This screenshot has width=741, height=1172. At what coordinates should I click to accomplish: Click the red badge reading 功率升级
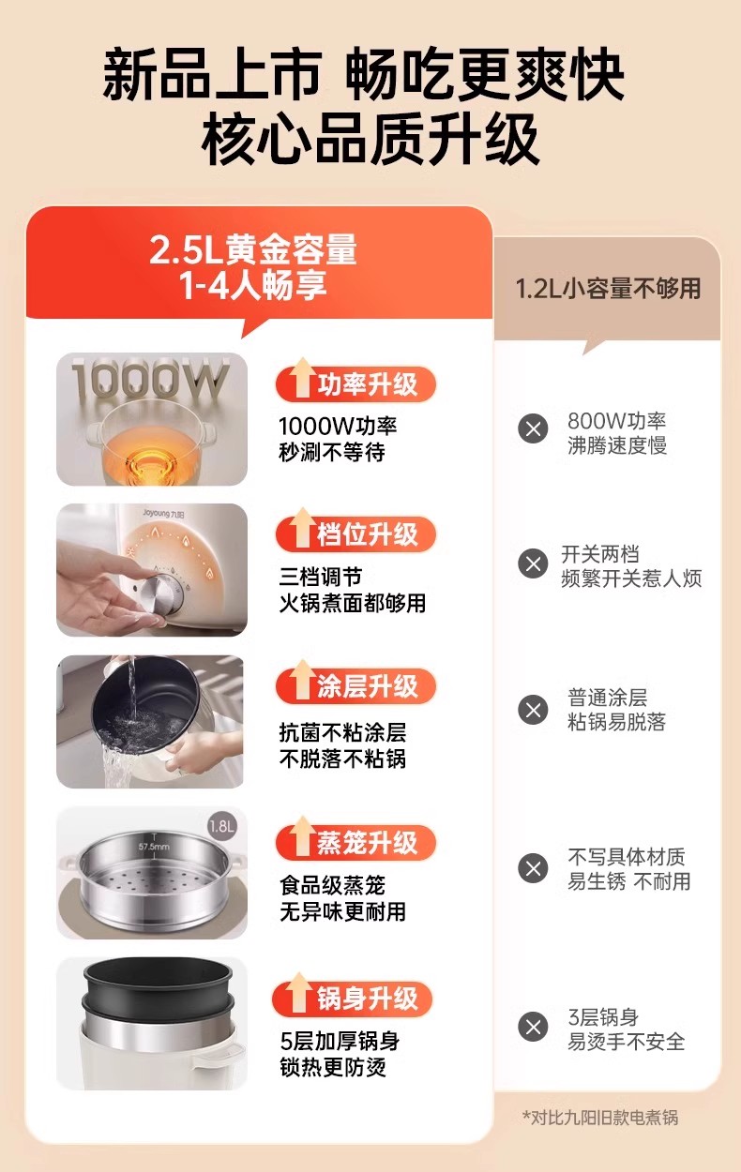355,384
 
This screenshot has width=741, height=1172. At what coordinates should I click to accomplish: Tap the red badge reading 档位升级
355,534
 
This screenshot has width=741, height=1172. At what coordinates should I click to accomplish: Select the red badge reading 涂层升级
355,686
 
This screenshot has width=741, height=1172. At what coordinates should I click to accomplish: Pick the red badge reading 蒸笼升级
355,842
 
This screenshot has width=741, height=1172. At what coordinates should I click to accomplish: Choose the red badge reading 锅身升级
353,999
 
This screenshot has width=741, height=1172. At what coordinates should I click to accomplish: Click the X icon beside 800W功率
533,429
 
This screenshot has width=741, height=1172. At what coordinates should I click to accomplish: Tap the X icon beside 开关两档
533,563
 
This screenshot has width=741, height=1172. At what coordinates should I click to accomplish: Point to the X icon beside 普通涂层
533,710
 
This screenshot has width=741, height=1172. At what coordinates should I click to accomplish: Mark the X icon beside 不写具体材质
533,868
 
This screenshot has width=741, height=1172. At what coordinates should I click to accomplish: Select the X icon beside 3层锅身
533,1027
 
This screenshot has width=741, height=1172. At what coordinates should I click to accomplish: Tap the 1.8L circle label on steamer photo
222,827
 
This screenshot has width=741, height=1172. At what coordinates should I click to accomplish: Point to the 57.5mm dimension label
154,846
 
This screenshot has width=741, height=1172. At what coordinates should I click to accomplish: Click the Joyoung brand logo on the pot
163,514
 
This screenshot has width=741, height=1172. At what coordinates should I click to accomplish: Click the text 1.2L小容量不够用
608,288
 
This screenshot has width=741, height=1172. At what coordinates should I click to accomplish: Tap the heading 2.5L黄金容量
252,249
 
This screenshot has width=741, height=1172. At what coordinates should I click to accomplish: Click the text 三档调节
320,578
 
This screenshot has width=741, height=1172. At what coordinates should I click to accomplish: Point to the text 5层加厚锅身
340,1041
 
